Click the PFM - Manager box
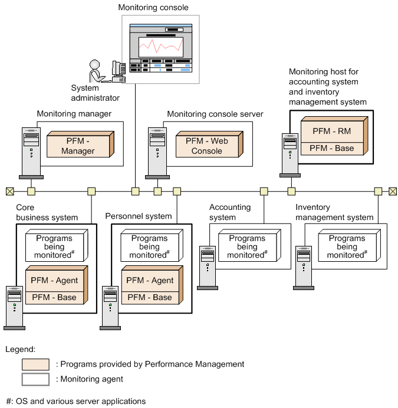(x=78, y=145)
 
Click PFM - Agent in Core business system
(x=54, y=280)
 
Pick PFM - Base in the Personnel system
(x=150, y=297)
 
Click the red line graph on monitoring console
(x=160, y=46)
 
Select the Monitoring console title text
(x=153, y=7)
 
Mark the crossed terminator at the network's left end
(x=9, y=191)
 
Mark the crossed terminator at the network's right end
(x=393, y=191)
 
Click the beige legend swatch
(x=35, y=364)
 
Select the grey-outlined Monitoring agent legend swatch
(x=35, y=379)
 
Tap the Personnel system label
(x=138, y=216)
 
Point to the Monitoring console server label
(x=215, y=114)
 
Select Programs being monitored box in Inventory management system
(x=347, y=246)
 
